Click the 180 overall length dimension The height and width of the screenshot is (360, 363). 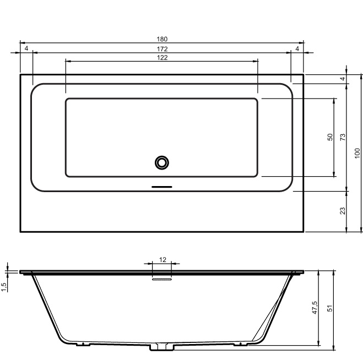point(162,39)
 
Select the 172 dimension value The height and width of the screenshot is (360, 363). point(162,49)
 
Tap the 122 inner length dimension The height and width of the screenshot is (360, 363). point(162,58)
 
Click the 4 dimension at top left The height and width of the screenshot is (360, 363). point(26,48)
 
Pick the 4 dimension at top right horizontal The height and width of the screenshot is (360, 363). point(297,48)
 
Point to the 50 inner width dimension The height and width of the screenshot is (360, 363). point(330,137)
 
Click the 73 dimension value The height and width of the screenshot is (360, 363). point(343,137)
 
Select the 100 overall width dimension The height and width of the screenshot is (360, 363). point(357,153)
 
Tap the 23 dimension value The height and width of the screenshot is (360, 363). point(343,211)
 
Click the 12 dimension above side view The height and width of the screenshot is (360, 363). point(162,260)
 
